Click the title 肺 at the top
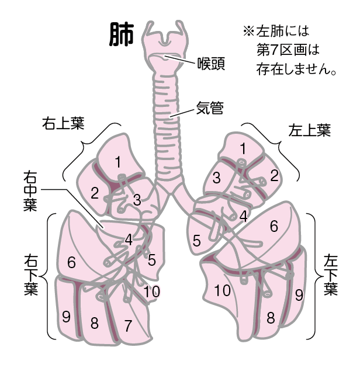tap(122, 36)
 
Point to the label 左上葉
tap(310, 130)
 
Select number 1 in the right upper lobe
tap(118, 160)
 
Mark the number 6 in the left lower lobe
tap(274, 226)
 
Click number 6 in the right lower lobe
tap(71, 263)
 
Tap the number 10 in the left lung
tap(221, 290)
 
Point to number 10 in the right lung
tap(151, 290)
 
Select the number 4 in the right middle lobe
tap(128, 238)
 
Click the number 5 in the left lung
tap(197, 240)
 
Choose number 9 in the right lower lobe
tap(66, 316)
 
